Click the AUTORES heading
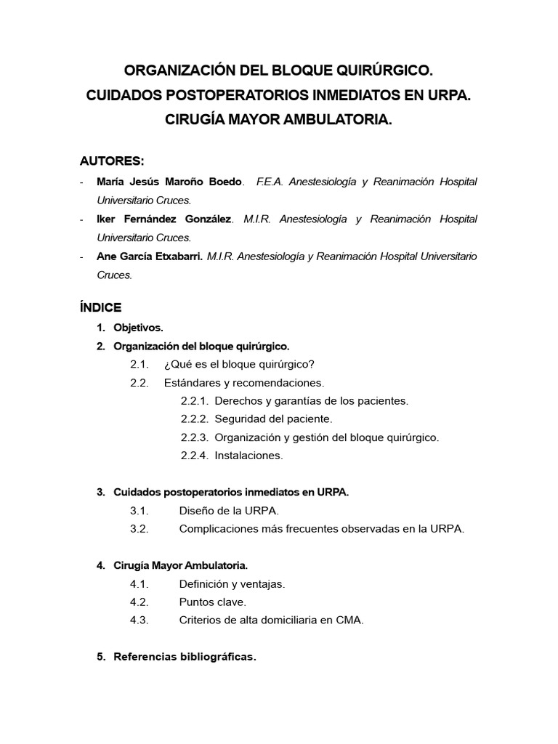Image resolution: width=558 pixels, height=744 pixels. (112, 161)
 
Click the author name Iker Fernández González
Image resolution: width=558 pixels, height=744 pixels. (165, 219)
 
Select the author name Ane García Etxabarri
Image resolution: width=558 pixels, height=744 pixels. (150, 256)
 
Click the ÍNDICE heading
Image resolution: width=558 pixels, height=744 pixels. (101, 307)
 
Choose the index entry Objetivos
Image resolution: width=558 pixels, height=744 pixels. (138, 328)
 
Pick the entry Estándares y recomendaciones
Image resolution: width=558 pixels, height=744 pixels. (244, 382)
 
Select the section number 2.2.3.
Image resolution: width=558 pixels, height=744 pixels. (195, 437)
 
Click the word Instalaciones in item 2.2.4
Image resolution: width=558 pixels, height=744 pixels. (248, 456)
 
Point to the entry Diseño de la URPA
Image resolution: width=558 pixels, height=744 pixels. (229, 511)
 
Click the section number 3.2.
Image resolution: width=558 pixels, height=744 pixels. (139, 529)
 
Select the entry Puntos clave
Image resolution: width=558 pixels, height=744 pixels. (213, 602)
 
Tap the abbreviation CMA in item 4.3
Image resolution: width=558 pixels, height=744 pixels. (349, 620)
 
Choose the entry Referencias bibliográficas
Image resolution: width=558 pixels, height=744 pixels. (185, 657)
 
